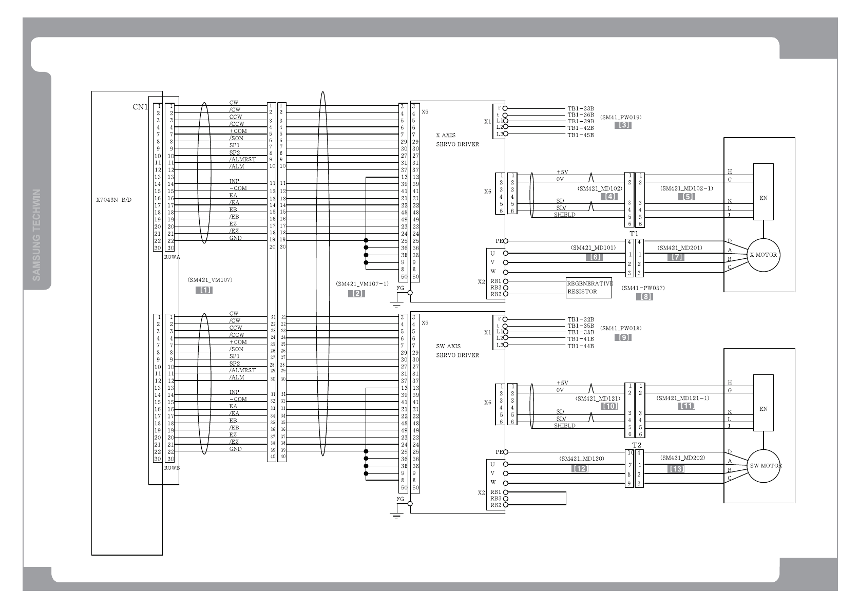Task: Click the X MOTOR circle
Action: [763, 255]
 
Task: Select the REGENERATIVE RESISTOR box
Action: [589, 288]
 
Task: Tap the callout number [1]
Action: [204, 290]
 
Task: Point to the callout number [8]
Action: [644, 297]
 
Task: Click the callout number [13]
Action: [676, 469]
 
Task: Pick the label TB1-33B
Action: [580, 108]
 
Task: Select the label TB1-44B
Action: [580, 346]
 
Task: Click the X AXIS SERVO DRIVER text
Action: [457, 140]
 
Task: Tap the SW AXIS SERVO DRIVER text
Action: [457, 351]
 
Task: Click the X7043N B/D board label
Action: [113, 199]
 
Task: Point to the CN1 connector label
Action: [140, 107]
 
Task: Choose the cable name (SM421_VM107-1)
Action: [362, 283]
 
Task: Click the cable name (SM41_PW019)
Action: [620, 117]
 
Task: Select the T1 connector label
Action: [634, 234]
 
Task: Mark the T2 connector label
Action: [637, 445]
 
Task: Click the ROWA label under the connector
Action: [171, 256]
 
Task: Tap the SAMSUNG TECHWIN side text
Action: [37, 235]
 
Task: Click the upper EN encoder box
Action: [763, 192]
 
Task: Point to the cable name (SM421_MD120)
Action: [581, 458]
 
